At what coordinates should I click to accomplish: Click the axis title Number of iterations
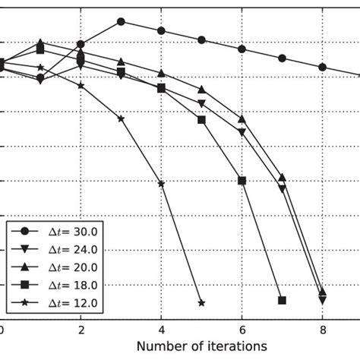pos(201,346)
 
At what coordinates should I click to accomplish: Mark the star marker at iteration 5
pos(201,302)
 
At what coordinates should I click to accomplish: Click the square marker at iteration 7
pos(282,300)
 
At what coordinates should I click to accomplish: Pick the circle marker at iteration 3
pos(121,21)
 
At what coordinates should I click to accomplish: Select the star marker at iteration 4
pos(161,184)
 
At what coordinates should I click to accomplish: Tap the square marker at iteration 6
pos(242,180)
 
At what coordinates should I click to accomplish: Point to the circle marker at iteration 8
pos(322,67)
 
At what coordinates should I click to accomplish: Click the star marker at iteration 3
pos(121,118)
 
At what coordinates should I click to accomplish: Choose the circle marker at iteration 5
pos(201,39)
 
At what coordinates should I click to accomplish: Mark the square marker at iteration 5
pos(201,120)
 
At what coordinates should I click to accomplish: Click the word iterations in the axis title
pos(234,346)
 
